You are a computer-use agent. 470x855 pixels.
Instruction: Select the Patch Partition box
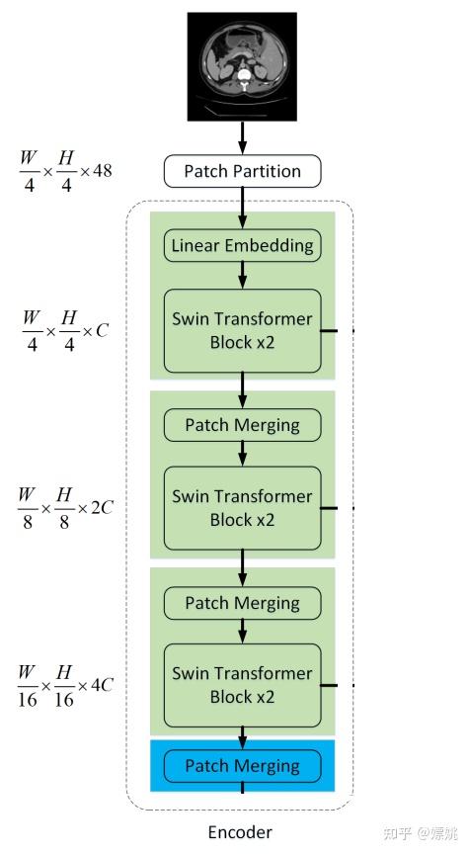pyautogui.click(x=242, y=171)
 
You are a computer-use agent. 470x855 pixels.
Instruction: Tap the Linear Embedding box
pyautogui.click(x=242, y=245)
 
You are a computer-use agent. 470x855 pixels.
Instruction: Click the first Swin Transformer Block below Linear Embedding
pyautogui.click(x=242, y=329)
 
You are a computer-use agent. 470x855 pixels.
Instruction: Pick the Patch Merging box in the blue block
pyautogui.click(x=242, y=766)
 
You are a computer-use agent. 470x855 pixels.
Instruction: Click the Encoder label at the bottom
pyautogui.click(x=240, y=831)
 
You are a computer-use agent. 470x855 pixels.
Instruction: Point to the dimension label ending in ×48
pyautogui.click(x=65, y=171)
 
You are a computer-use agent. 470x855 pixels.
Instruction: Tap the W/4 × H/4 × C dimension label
pyautogui.click(x=64, y=330)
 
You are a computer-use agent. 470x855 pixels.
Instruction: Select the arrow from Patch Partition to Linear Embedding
pyautogui.click(x=242, y=209)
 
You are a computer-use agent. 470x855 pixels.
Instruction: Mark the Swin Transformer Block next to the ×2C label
pyautogui.click(x=242, y=507)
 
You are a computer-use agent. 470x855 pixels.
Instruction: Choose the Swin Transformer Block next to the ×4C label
pyautogui.click(x=242, y=684)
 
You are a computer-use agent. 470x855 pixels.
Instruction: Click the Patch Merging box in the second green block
pyautogui.click(x=242, y=425)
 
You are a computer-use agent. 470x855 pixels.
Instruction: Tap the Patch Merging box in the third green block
pyautogui.click(x=242, y=603)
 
